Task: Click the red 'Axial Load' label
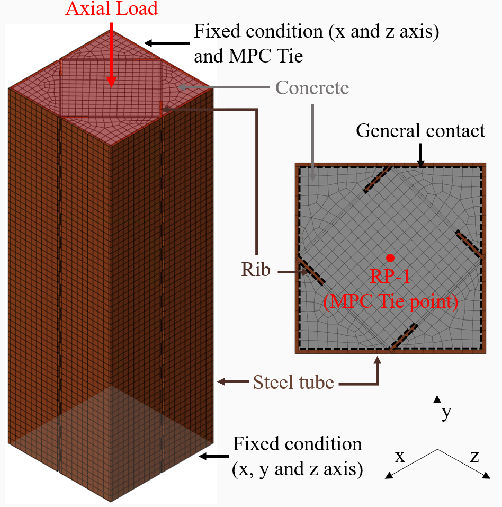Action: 111,8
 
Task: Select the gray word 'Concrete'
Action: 312,87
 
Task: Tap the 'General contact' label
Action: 420,130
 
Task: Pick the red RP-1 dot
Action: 390,257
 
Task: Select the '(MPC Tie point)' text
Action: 390,301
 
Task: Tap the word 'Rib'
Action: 256,271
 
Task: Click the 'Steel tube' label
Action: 293,381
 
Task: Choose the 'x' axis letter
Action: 400,456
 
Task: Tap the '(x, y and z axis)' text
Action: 297,468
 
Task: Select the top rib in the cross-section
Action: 378,179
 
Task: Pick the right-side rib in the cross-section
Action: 469,244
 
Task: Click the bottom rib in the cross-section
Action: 404,337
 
